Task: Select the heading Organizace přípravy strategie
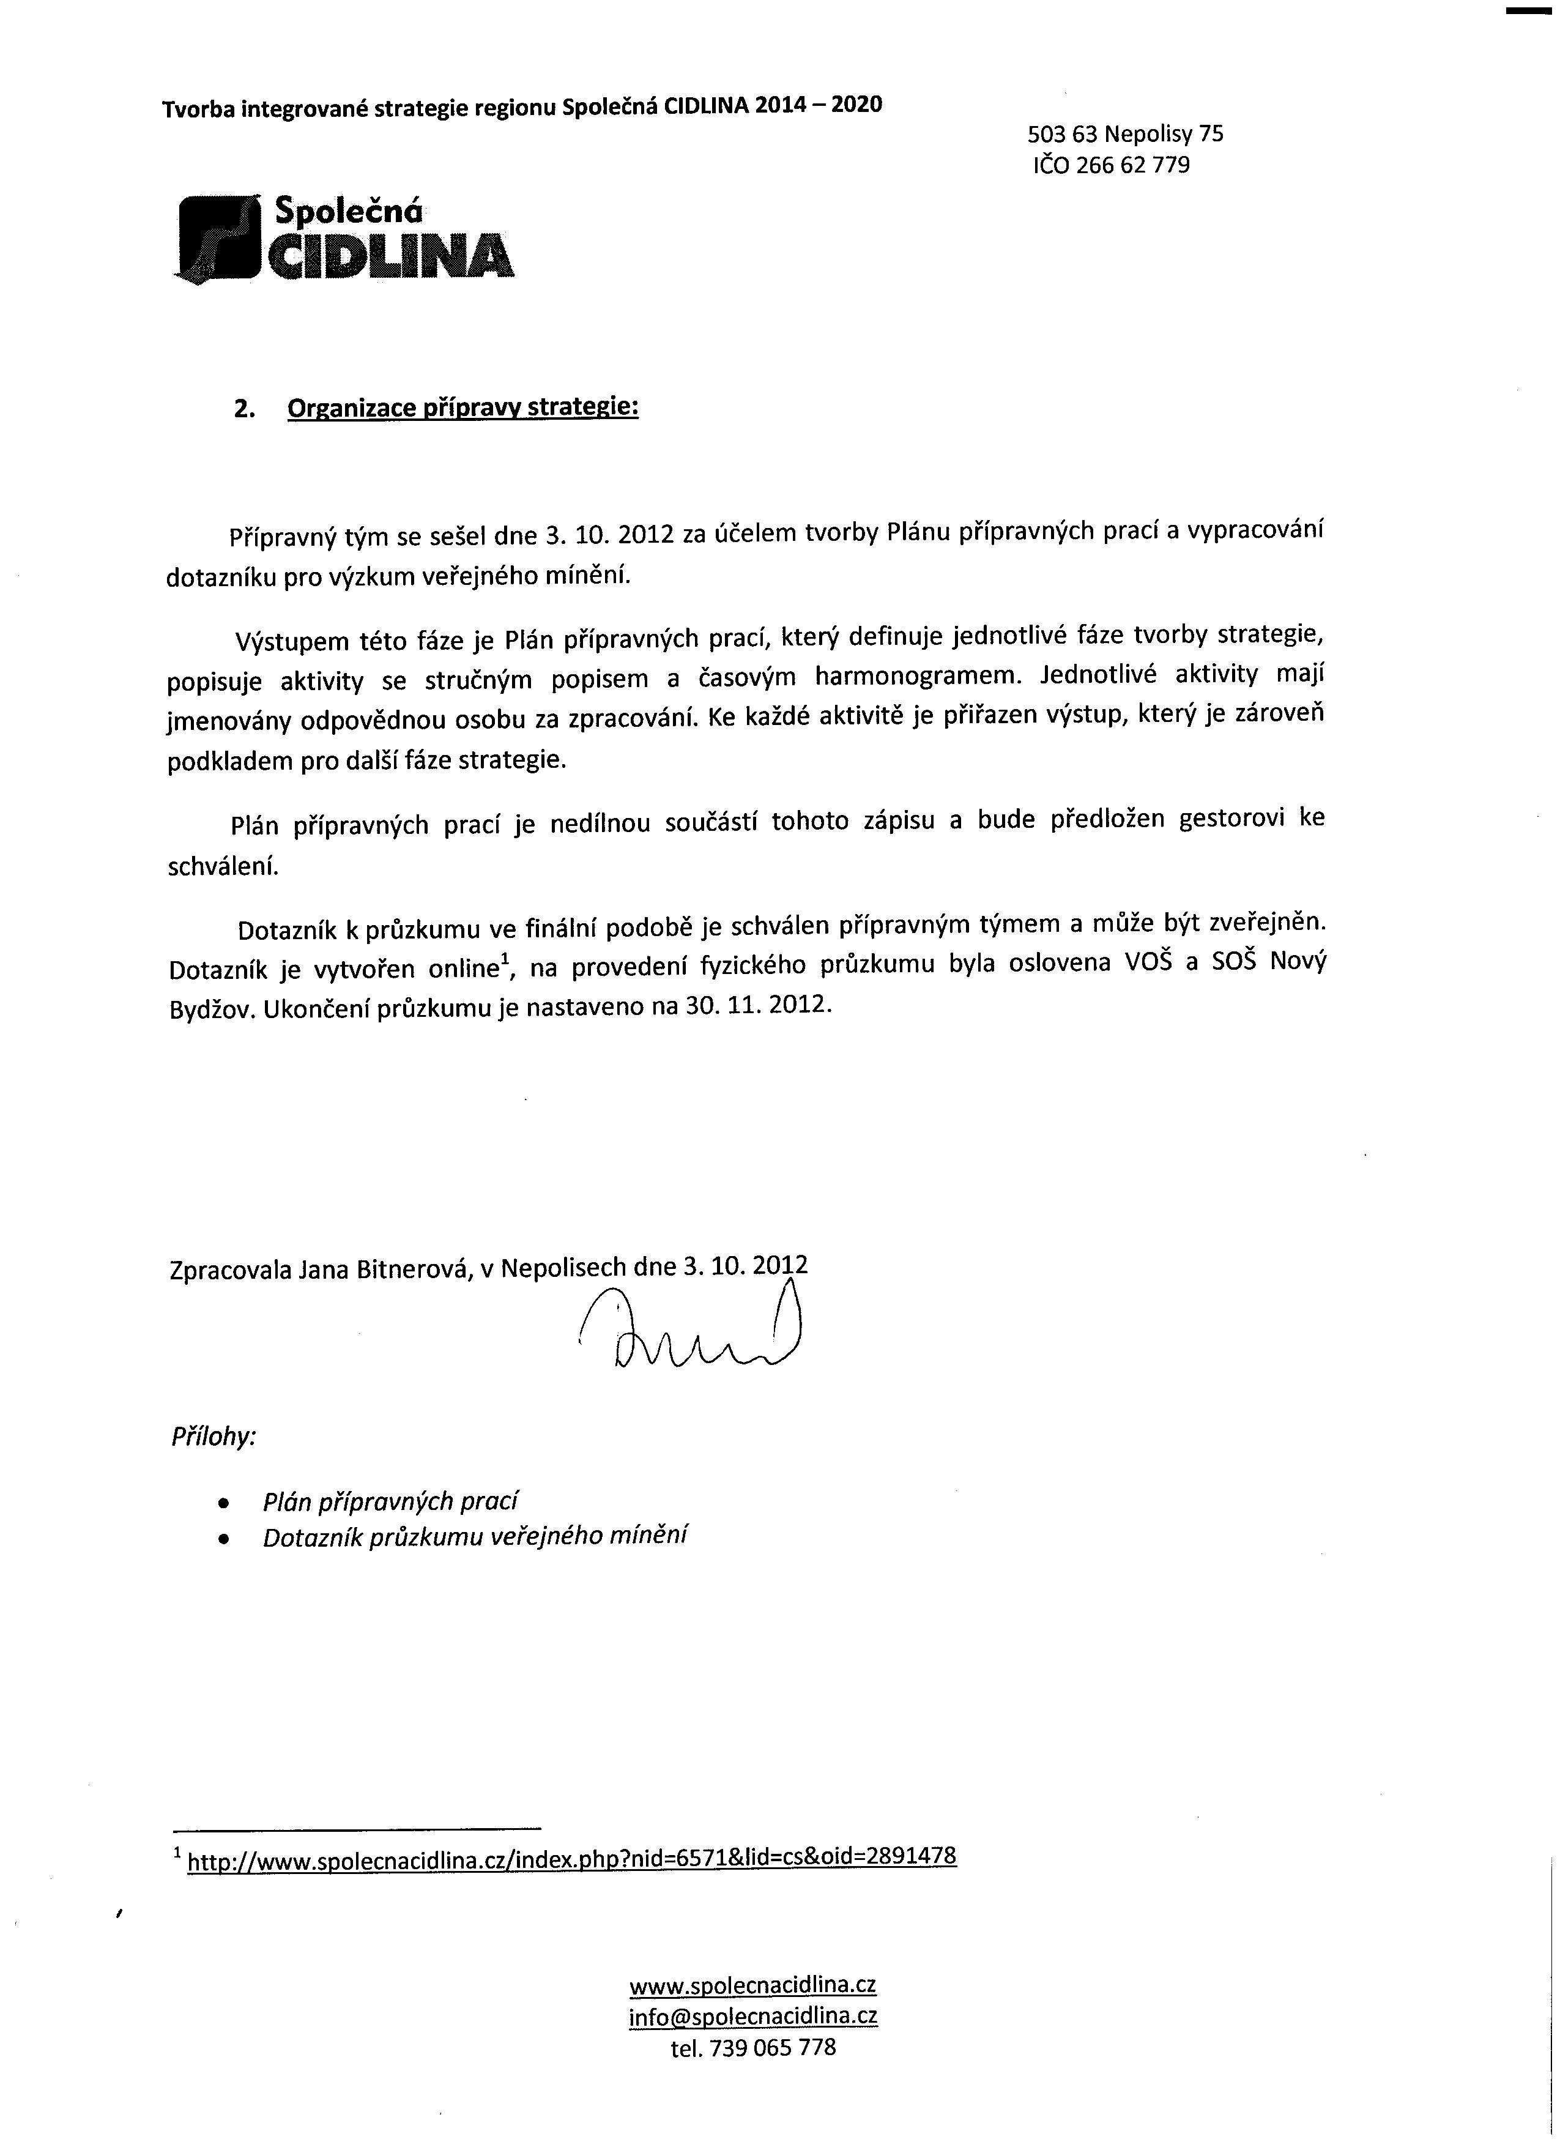[462, 408]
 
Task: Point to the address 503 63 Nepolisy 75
[1126, 134]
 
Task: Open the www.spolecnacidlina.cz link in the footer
[752, 1985]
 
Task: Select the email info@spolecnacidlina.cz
[752, 2017]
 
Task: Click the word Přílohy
[214, 1437]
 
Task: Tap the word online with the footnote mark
[459, 969]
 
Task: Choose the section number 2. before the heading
[245, 409]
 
